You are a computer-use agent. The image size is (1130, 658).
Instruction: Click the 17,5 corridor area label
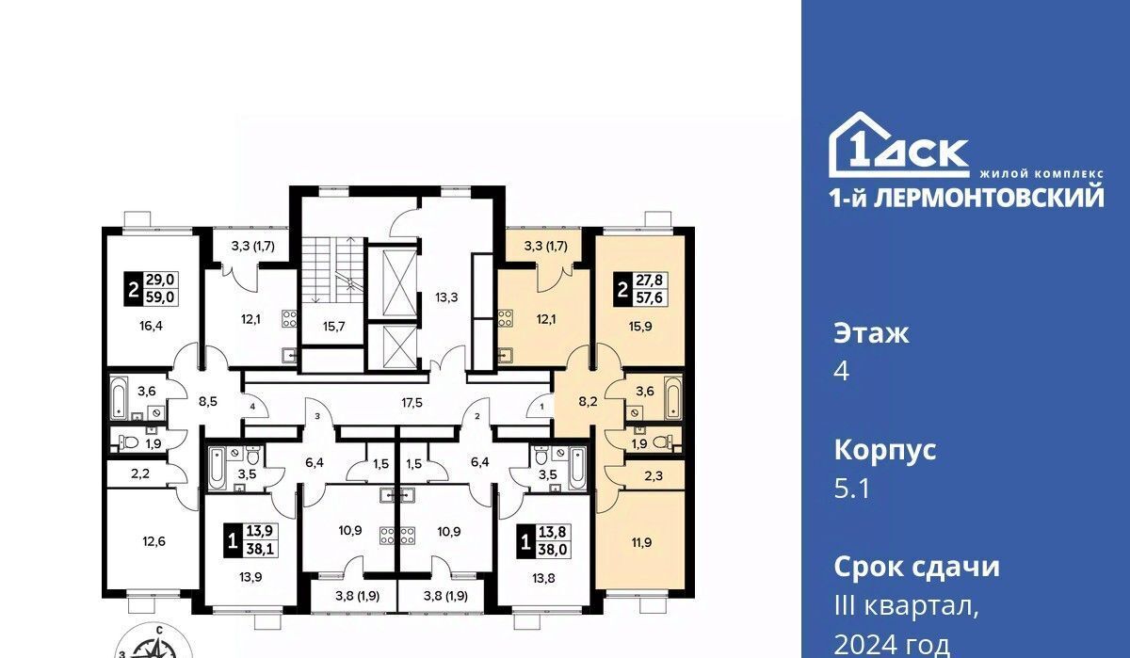pos(412,403)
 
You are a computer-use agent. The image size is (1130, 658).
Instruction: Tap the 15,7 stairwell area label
pos(334,327)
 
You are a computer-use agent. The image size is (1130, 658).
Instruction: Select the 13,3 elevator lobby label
pos(446,297)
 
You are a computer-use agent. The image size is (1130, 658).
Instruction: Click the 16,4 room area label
pos(151,326)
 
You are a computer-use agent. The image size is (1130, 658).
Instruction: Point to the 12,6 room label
pos(153,541)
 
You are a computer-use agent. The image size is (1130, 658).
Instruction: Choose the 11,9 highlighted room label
pos(641,542)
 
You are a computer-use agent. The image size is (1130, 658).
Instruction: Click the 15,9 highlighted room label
pos(640,327)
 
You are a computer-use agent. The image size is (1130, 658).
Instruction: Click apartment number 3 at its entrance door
pos(317,416)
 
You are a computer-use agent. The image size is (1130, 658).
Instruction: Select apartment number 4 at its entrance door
pos(252,406)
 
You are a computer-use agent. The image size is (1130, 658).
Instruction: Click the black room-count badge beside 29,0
pos(133,289)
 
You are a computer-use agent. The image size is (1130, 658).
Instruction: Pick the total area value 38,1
pos(260,549)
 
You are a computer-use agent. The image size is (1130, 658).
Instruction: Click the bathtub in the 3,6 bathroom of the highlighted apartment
pos(672,397)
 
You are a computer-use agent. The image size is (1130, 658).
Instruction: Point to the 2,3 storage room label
pos(654,475)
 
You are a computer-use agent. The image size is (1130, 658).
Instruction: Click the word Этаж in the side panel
pos(871,334)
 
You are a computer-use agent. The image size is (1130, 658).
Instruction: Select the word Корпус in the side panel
pos(885,451)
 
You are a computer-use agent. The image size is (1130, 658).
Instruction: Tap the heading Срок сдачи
pos(916,567)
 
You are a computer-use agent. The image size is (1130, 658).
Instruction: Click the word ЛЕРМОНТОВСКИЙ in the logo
pos(988,198)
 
